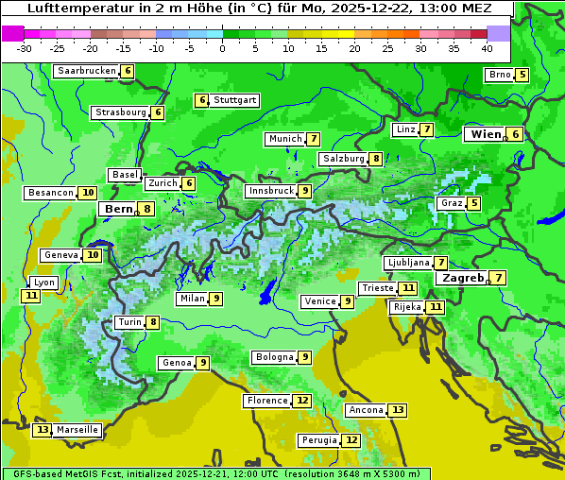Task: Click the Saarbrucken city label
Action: (x=87, y=71)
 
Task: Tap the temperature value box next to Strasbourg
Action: (x=158, y=112)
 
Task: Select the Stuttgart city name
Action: (x=234, y=100)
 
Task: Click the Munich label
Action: (x=285, y=139)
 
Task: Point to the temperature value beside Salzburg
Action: (x=376, y=159)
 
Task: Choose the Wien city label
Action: (x=487, y=134)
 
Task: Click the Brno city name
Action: (x=499, y=75)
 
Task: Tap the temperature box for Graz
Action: (x=473, y=203)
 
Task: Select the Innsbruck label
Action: (x=270, y=191)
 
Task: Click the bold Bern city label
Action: (x=119, y=209)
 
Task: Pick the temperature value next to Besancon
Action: (x=88, y=193)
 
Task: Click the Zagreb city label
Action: (x=462, y=278)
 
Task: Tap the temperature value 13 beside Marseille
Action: (x=42, y=430)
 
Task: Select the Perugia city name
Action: (x=317, y=440)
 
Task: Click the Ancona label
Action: (x=366, y=410)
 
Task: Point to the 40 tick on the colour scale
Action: (x=487, y=48)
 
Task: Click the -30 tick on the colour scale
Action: (x=25, y=48)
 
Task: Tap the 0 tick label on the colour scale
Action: (x=223, y=48)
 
